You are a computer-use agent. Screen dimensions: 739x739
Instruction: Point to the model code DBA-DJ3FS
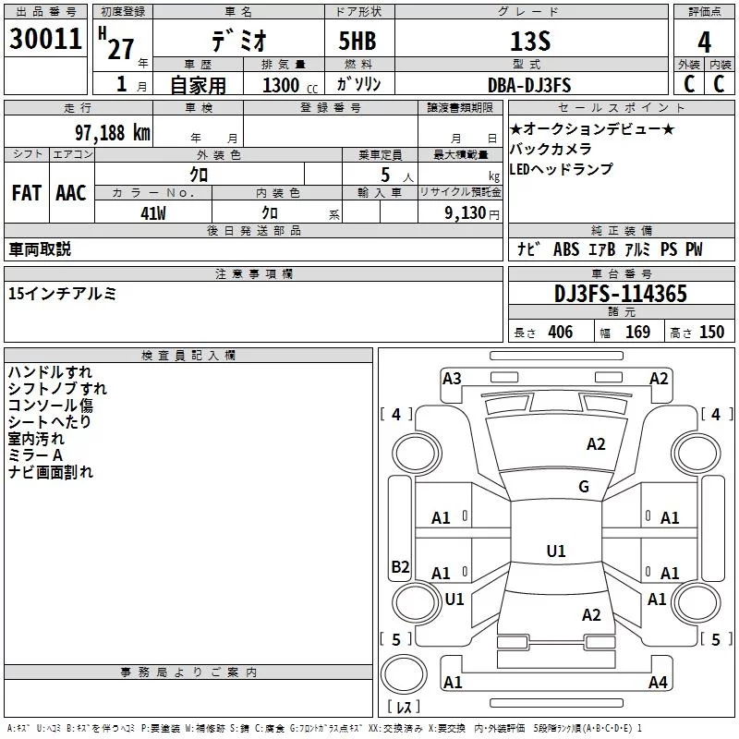(x=528, y=85)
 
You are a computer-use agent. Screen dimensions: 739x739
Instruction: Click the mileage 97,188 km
(x=112, y=132)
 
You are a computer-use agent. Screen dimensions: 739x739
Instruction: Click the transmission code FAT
(x=27, y=192)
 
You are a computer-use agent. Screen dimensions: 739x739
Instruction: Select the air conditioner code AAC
(x=71, y=192)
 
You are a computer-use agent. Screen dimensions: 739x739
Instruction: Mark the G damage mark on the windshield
(x=583, y=487)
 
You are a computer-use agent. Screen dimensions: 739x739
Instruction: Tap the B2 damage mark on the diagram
(x=400, y=567)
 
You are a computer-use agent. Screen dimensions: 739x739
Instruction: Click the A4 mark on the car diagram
(x=658, y=683)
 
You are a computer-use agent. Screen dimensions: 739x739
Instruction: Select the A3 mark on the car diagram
(x=452, y=378)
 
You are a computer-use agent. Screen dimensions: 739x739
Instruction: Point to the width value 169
(x=637, y=332)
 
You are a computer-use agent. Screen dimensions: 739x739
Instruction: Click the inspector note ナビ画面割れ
(x=51, y=472)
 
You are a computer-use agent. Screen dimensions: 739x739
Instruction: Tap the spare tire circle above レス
(x=404, y=673)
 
